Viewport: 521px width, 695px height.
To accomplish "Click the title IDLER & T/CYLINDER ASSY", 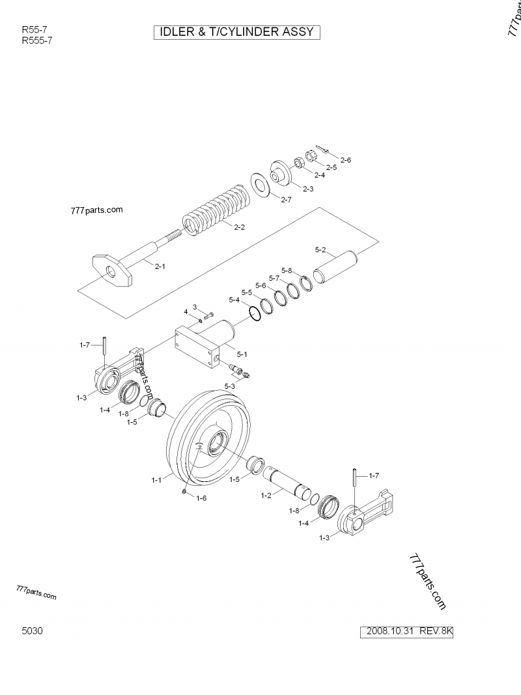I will pos(236,32).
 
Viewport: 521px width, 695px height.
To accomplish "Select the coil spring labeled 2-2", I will pos(215,210).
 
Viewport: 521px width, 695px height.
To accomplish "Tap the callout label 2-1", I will pos(159,266).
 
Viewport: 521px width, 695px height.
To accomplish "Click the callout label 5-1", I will pos(242,354).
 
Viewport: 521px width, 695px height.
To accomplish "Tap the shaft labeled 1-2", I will pos(287,481).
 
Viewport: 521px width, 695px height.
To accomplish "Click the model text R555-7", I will pos(36,40).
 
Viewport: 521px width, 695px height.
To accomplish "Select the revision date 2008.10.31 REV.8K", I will pos(409,631).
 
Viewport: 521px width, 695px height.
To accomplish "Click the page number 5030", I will pos(33,631).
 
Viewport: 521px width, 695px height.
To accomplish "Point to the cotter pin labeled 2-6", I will pos(323,150).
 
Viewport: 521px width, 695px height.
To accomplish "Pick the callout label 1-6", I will pos(201,498).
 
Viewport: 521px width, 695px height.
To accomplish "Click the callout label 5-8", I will pos(287,270).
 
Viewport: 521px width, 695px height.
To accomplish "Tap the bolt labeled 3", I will pos(208,317).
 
